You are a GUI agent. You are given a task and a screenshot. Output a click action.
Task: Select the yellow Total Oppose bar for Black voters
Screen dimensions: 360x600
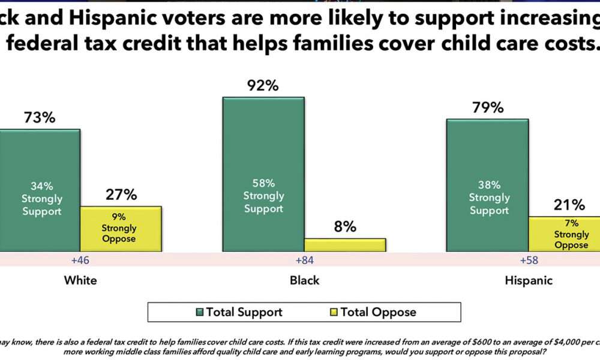(x=344, y=245)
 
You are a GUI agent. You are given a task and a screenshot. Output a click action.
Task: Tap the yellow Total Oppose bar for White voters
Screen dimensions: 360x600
(x=121, y=228)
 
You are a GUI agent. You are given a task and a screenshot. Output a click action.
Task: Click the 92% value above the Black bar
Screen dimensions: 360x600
(x=263, y=86)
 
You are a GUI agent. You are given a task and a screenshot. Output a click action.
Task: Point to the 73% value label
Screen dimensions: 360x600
(x=40, y=118)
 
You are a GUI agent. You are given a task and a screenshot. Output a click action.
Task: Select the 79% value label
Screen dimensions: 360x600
(x=487, y=108)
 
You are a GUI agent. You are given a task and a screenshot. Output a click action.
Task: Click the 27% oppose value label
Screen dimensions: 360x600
(x=121, y=195)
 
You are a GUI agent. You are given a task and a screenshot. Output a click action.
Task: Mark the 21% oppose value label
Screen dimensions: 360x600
(x=569, y=205)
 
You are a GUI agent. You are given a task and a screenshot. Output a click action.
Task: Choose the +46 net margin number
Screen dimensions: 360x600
(x=80, y=262)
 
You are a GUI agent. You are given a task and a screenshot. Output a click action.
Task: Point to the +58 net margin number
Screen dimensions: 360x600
(x=529, y=262)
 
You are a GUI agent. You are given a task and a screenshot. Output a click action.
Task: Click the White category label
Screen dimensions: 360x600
(x=80, y=280)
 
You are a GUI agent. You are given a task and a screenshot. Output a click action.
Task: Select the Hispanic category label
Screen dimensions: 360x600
(x=528, y=280)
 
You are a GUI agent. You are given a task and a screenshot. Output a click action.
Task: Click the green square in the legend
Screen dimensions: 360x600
(x=200, y=312)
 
